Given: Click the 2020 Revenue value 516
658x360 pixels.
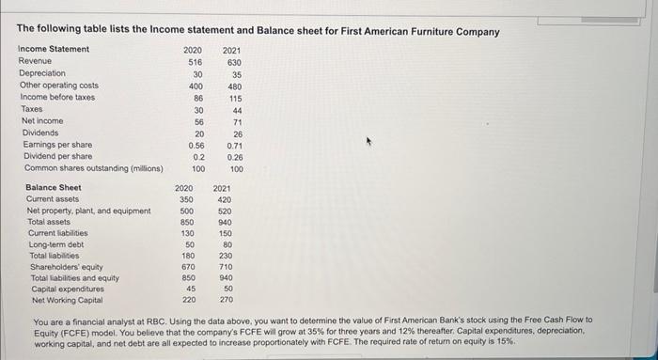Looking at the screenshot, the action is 195,60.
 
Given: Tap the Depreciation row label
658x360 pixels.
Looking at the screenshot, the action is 42,72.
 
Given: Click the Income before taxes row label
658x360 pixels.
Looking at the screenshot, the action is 56,97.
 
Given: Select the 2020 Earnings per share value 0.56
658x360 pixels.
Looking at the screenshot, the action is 196,146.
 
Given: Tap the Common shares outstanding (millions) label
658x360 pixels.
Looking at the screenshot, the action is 93,169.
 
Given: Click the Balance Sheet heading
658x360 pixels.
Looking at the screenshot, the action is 55,187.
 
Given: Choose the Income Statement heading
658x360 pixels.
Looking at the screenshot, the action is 55,49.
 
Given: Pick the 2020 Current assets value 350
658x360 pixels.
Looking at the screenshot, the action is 187,199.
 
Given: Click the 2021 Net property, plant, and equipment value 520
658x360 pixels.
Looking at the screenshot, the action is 225,211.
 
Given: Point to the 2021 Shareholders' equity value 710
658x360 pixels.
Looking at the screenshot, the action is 225,267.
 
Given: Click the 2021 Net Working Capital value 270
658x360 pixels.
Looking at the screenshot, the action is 225,301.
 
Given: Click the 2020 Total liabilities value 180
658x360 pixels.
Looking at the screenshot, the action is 187,256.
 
